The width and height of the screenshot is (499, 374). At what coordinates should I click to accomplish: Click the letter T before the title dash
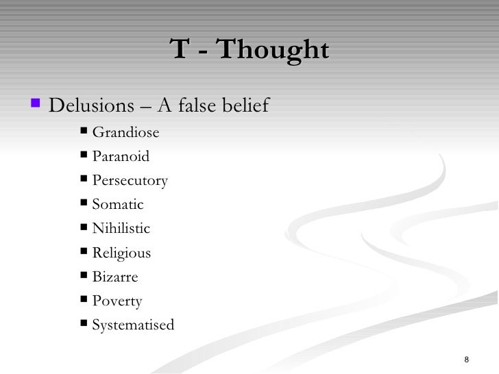tap(180, 50)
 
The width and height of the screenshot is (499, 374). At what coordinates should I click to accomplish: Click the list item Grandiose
tap(125, 133)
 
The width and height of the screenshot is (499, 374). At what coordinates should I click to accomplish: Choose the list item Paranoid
tap(120, 157)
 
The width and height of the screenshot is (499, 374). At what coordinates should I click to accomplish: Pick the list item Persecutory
tap(130, 181)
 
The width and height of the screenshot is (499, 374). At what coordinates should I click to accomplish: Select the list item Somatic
tap(117, 205)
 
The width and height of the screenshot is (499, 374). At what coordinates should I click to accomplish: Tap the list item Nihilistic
tap(121, 229)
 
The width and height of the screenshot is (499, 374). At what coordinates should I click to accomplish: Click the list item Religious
tap(121, 253)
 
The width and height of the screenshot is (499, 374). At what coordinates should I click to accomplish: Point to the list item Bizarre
tap(114, 277)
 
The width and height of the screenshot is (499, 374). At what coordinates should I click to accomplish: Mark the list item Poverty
tap(117, 301)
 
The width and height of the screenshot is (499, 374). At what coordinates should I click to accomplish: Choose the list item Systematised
tap(133, 325)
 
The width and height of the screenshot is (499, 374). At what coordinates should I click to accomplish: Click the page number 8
tap(466, 361)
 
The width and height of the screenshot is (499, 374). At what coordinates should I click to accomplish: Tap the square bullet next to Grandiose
tap(84, 132)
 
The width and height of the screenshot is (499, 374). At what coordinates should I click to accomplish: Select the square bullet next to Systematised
tap(84, 323)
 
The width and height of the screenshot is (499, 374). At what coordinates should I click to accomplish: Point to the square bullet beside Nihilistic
tap(84, 227)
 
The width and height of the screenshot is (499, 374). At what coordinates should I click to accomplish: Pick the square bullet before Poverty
tap(84, 299)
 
